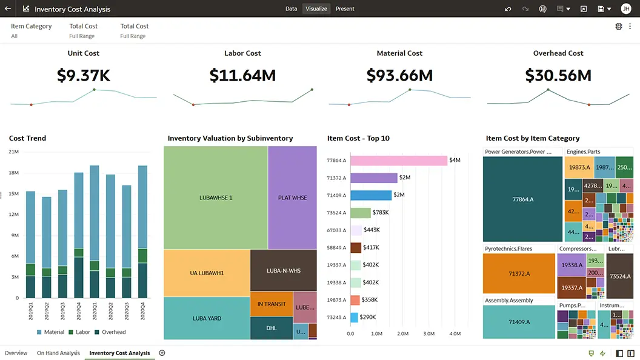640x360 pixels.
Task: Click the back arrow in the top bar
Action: click(8, 9)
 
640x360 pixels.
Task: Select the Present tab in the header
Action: click(345, 9)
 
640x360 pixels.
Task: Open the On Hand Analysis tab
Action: click(58, 353)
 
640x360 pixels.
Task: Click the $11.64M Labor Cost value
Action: click(242, 75)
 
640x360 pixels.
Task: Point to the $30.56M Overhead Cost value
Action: click(558, 75)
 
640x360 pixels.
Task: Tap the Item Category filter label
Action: click(32, 26)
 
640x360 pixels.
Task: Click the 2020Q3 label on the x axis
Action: click(127, 313)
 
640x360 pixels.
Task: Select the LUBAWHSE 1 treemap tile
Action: click(216, 198)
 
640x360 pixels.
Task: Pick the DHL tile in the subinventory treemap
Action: click(272, 328)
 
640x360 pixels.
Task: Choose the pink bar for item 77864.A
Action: click(398, 161)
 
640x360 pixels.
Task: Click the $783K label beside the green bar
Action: click(381, 213)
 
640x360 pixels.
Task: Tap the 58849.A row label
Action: click(336, 248)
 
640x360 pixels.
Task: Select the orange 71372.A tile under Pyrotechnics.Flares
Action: click(519, 274)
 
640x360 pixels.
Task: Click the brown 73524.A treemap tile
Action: click(619, 276)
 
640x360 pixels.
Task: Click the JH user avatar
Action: click(626, 9)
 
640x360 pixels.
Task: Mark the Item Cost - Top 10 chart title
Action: click(358, 138)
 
